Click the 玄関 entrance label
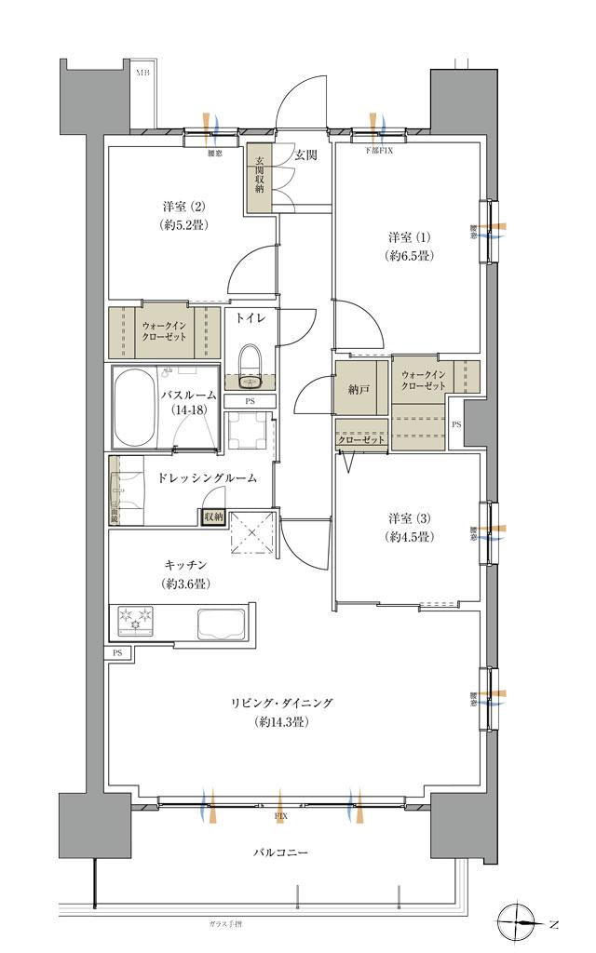click(x=306, y=155)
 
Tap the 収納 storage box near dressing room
click(x=213, y=516)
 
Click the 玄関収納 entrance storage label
click(x=259, y=174)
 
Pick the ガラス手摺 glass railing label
click(x=226, y=923)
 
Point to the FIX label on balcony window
click(x=280, y=816)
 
